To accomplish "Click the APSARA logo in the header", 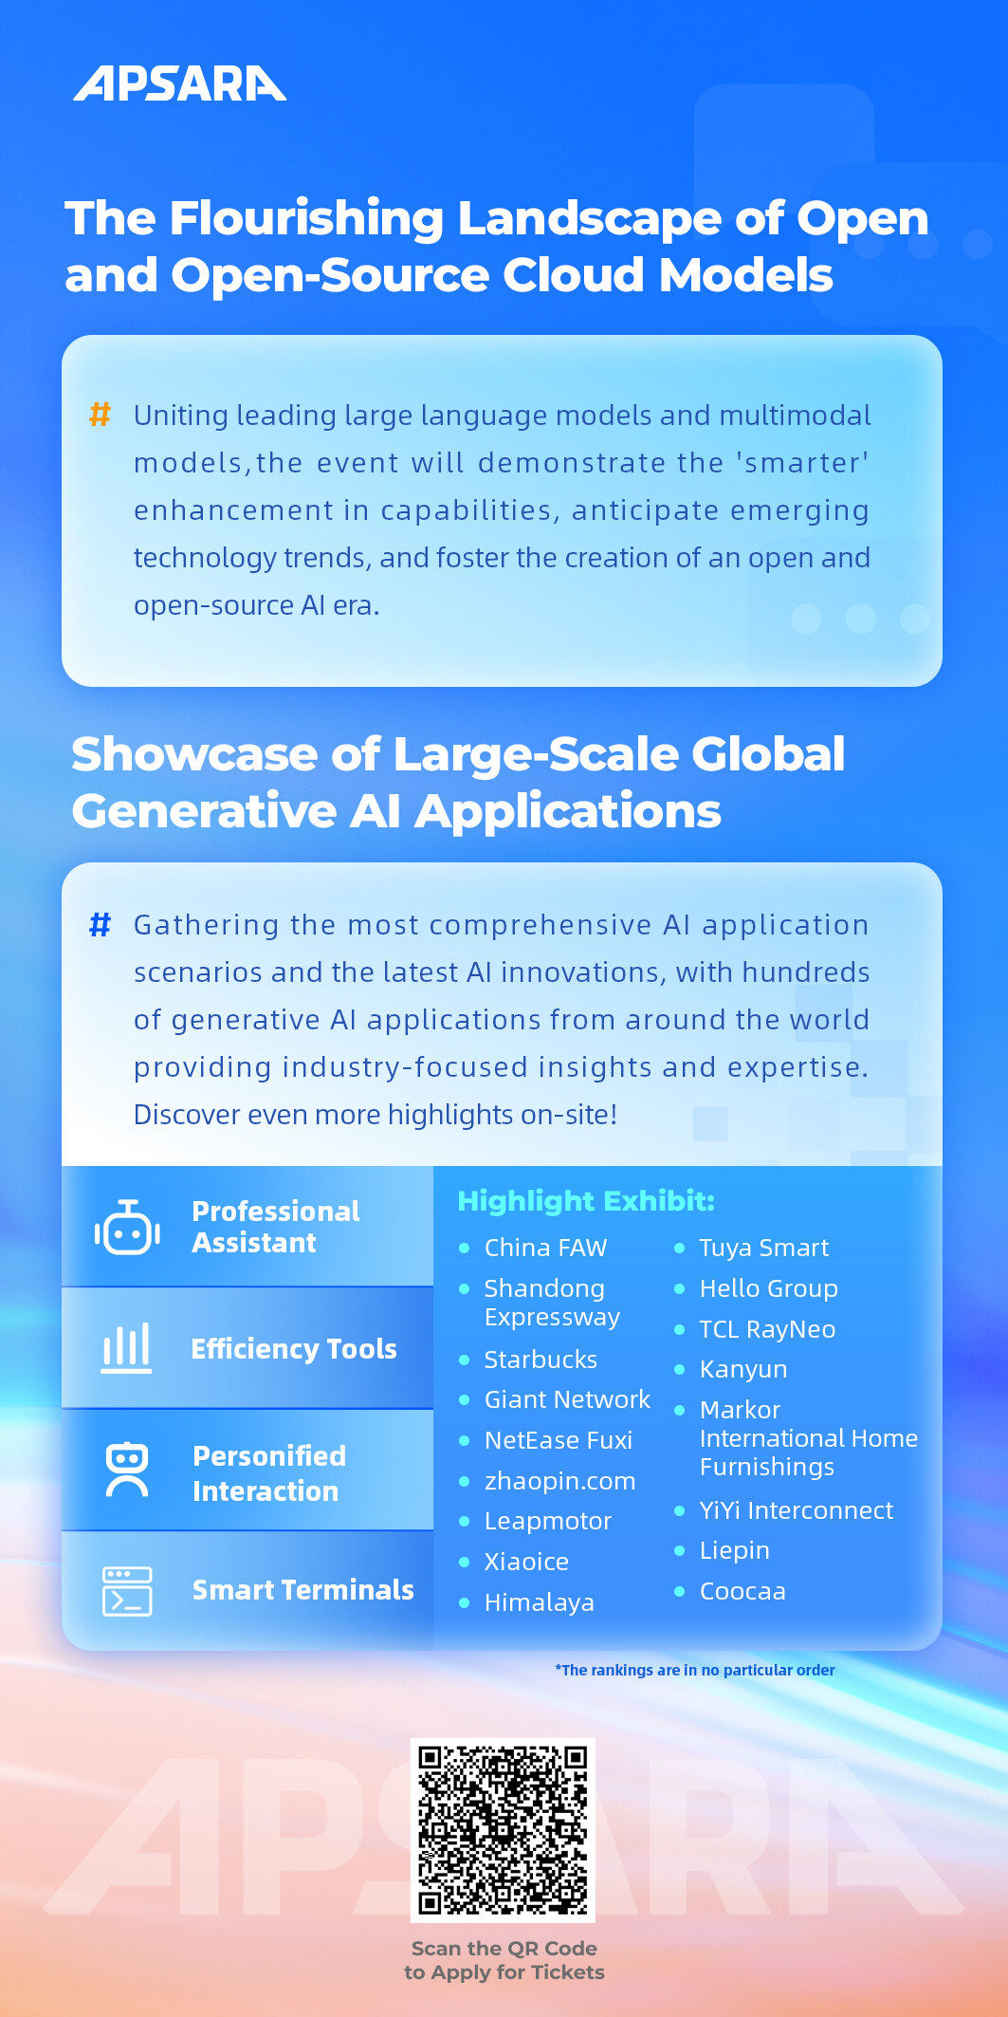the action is (180, 83).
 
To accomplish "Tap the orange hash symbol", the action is (100, 415).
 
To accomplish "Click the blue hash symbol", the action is (100, 924).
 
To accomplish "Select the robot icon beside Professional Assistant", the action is (127, 1227).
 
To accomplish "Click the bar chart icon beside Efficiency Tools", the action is (126, 1348).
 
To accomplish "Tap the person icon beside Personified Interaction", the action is (127, 1470).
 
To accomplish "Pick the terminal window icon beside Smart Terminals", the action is (127, 1591).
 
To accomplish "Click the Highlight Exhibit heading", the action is (586, 1201).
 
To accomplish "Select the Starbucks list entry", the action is (541, 1360).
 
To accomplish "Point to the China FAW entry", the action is (545, 1248).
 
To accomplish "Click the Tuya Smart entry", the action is (764, 1248).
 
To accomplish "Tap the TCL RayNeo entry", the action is (767, 1329).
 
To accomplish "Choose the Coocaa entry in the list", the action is (742, 1591).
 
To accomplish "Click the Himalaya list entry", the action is (540, 1602).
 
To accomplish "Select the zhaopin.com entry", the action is (559, 1481).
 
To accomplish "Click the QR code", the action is (503, 1830).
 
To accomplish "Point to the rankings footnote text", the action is (695, 1670).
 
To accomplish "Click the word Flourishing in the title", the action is (305, 220).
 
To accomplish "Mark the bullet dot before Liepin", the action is (679, 1550).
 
